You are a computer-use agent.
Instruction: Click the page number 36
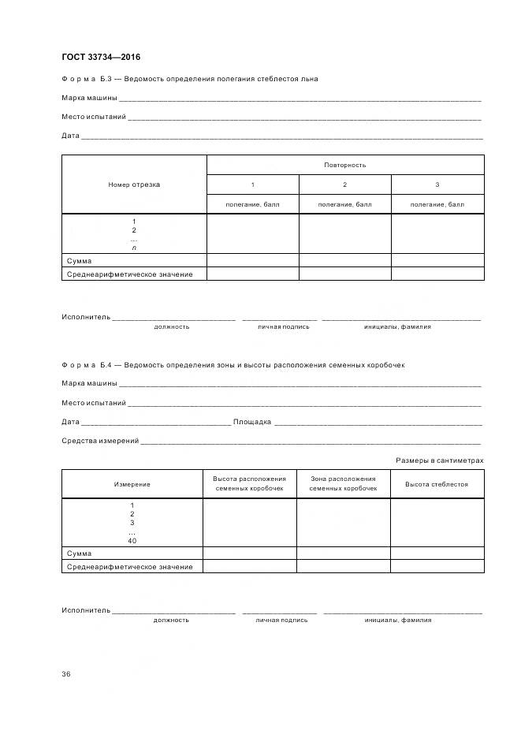tap(66, 673)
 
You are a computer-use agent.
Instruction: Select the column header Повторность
tap(344, 165)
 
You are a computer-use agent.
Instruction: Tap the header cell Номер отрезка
tap(134, 184)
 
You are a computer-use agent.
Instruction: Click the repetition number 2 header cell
tap(344, 184)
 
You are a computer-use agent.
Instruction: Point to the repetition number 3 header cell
tap(437, 184)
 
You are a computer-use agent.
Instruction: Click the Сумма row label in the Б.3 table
tap(79, 261)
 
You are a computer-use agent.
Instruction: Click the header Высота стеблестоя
tap(437, 484)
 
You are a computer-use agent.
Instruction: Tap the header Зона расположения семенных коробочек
tap(343, 484)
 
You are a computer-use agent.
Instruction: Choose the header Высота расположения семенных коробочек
tap(249, 484)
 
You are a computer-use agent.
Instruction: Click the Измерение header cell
tap(132, 484)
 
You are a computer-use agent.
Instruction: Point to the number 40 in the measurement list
tap(132, 541)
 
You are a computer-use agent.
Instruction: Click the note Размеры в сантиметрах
tap(439, 460)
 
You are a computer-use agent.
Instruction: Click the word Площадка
tap(252, 422)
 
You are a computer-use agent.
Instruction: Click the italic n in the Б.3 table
tap(134, 248)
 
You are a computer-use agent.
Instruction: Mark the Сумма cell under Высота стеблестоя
tap(437, 553)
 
